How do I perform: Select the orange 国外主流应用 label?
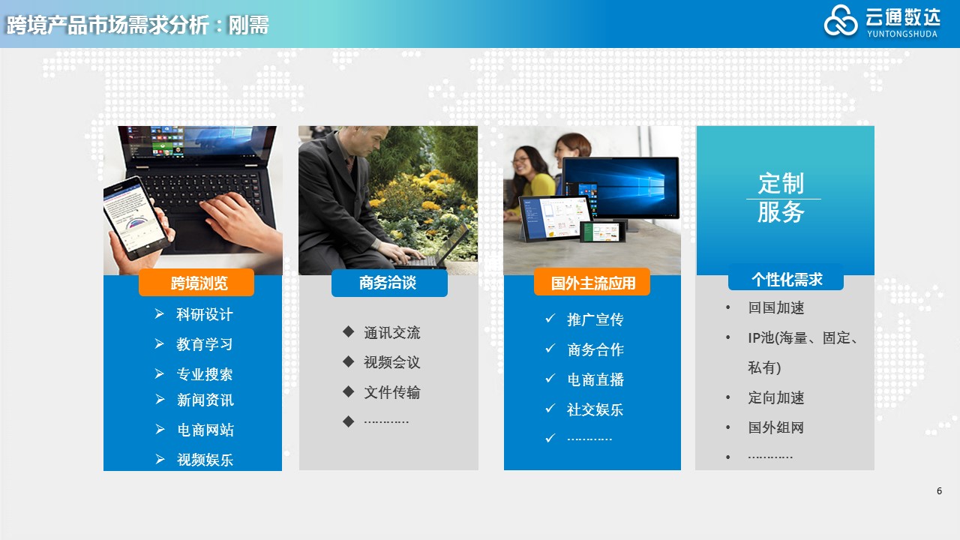[592, 283]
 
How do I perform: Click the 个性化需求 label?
[786, 278]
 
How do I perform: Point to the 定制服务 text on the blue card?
[781, 197]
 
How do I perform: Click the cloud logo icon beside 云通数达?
[841, 20]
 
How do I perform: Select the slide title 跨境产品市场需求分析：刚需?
[137, 25]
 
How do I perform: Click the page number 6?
[939, 490]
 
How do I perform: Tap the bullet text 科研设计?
[205, 314]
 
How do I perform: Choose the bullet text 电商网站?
[205, 430]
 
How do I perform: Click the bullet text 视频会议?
[391, 362]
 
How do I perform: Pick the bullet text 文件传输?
[391, 392]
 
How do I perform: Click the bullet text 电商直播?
[595, 379]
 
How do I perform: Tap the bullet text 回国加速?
[776, 307]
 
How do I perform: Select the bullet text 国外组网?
[775, 427]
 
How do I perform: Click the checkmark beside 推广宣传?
[550, 319]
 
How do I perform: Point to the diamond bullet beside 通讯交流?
[349, 331]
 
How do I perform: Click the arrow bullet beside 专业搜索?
[160, 373]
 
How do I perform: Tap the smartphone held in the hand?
[136, 217]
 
